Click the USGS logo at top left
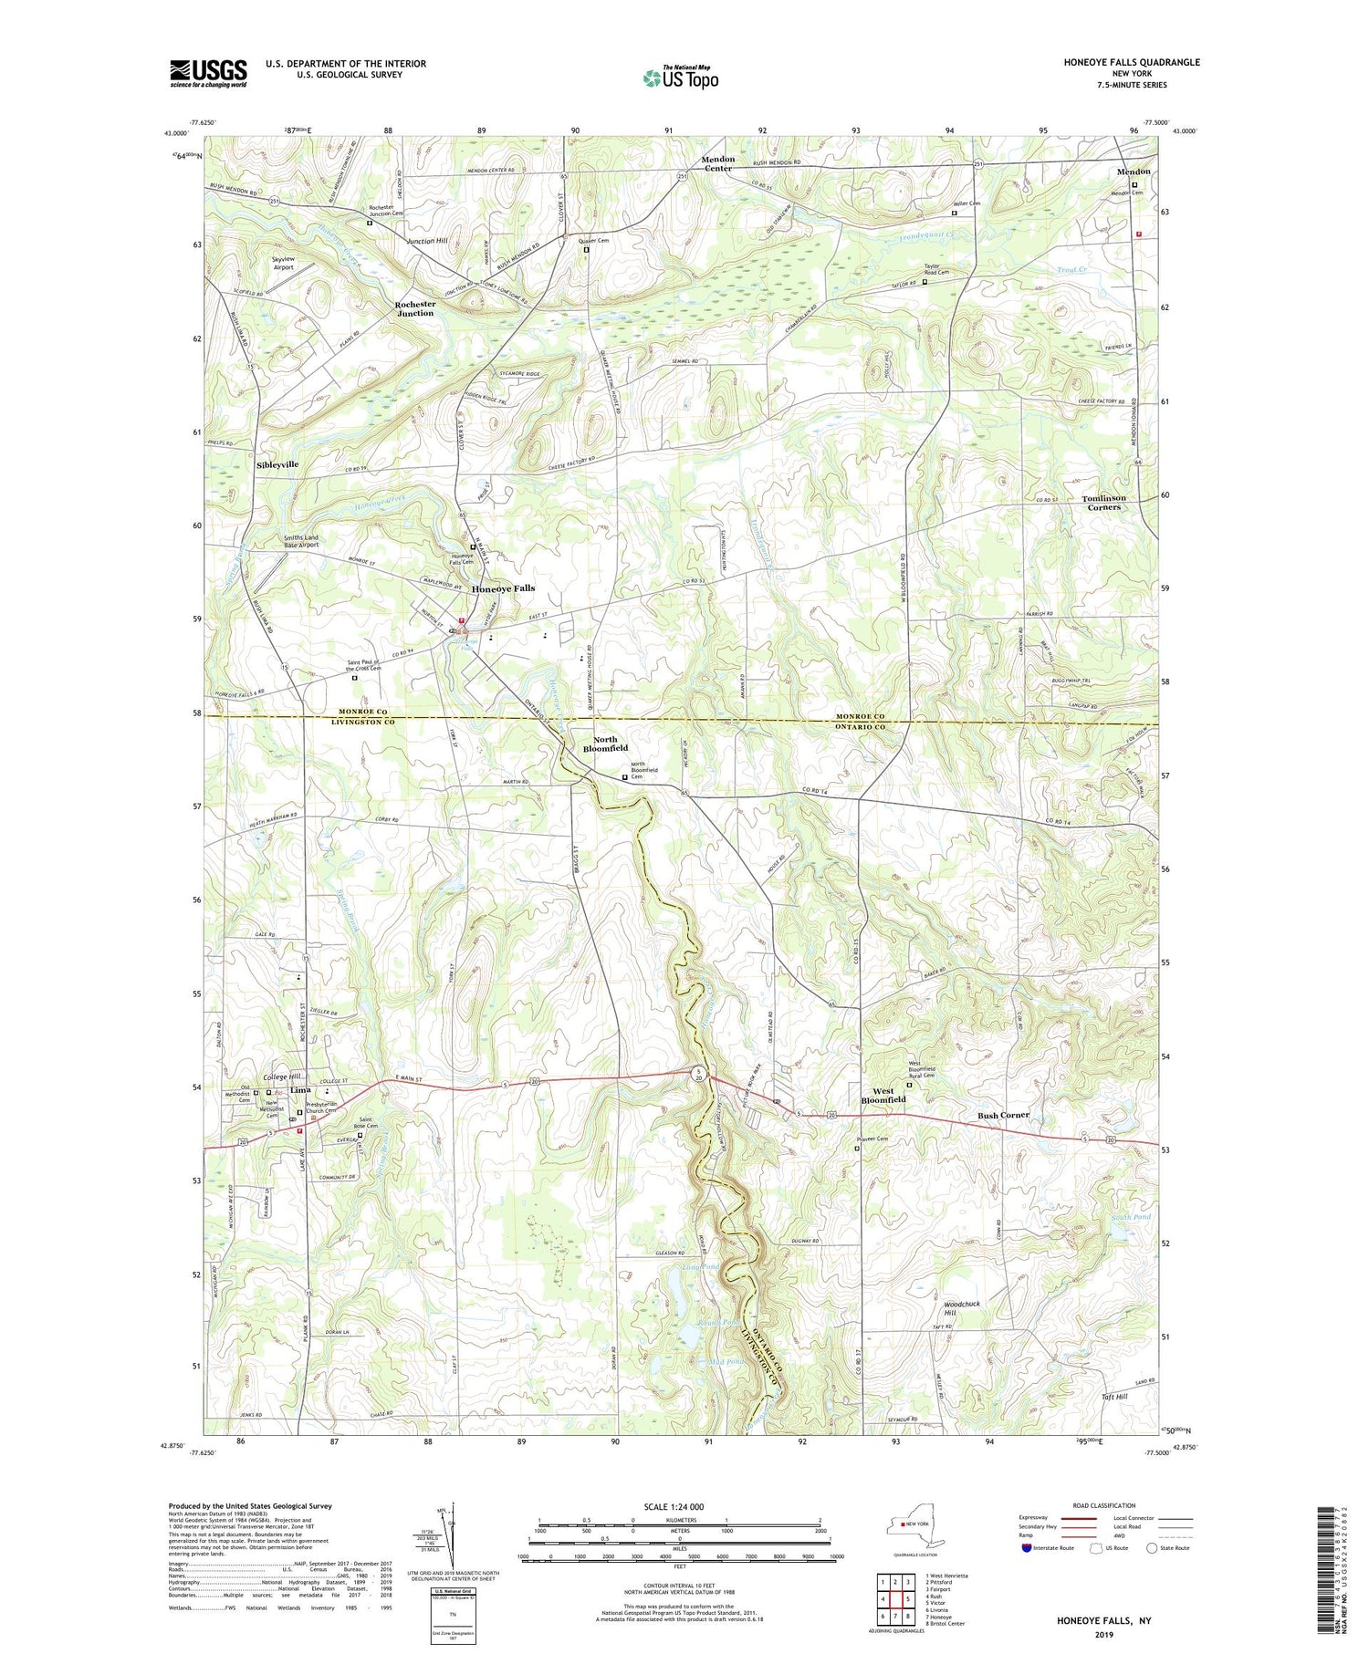pos(208,73)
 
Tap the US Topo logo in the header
pos(679,78)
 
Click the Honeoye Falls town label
pos(503,588)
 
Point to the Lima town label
pos(300,1090)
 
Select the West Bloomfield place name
pos(883,1096)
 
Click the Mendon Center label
pos(717,163)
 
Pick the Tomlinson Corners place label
pos(1103,503)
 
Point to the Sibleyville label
pos(277,464)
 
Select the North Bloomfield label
pos(605,744)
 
